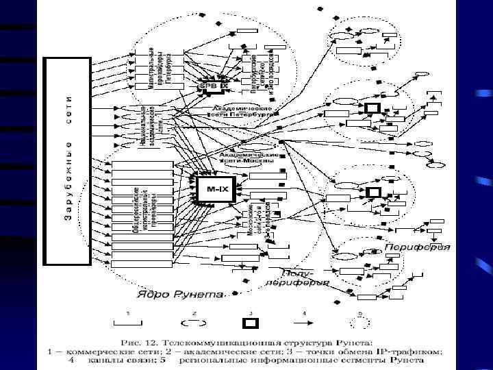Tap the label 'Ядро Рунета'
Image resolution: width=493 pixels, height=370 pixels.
coord(180,295)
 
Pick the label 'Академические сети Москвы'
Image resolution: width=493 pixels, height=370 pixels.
coord(249,158)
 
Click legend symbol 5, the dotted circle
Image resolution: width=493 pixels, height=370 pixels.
coord(359,321)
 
